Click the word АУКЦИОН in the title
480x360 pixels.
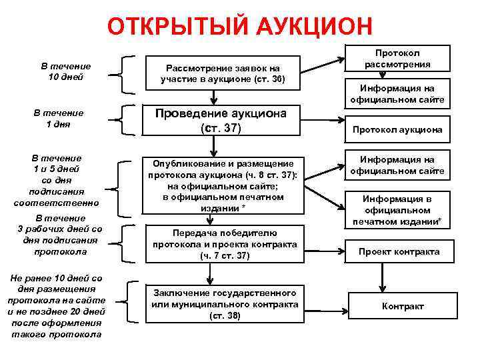click(x=311, y=27)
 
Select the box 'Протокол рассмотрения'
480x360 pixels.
click(x=397, y=58)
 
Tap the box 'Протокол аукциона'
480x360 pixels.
click(x=397, y=129)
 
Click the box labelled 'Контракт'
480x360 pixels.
click(x=402, y=306)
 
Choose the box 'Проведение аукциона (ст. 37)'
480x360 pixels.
click(x=221, y=121)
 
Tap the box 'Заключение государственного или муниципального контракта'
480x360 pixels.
click(x=224, y=303)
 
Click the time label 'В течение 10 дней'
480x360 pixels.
click(x=66, y=72)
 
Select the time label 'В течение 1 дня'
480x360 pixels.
click(x=58, y=119)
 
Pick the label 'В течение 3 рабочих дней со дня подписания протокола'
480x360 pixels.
click(x=59, y=235)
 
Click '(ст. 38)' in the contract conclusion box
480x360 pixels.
click(x=225, y=315)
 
